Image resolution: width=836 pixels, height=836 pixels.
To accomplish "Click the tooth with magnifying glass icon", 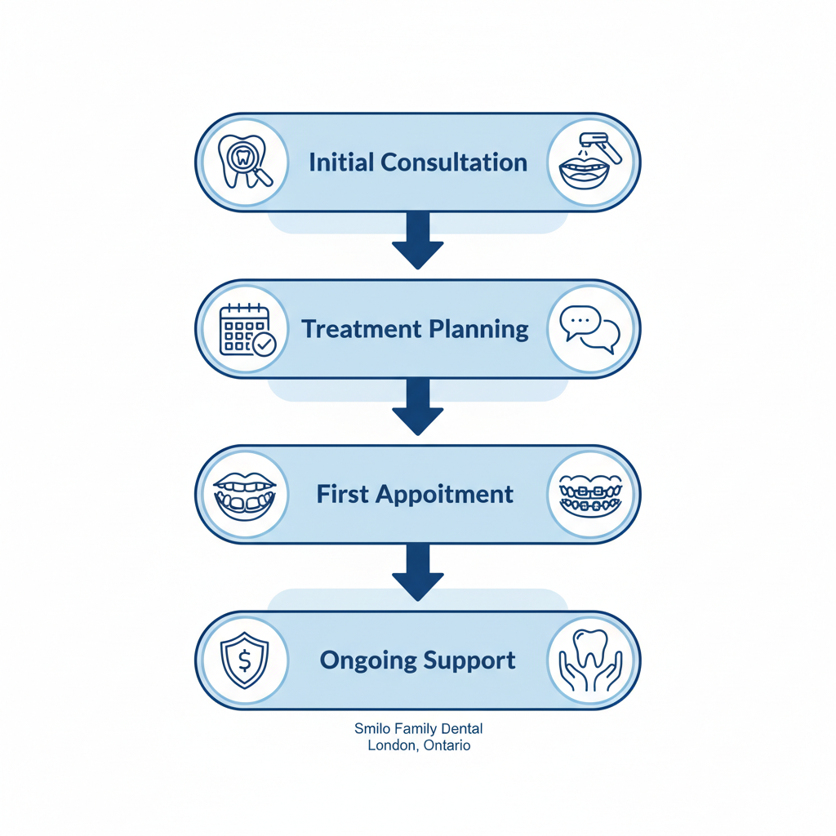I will (x=243, y=162).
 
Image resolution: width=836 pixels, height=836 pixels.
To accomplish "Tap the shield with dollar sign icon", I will (x=243, y=660).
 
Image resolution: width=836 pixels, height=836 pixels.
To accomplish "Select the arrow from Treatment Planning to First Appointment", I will (x=417, y=407).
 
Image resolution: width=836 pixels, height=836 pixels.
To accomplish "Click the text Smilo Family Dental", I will (x=418, y=727).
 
